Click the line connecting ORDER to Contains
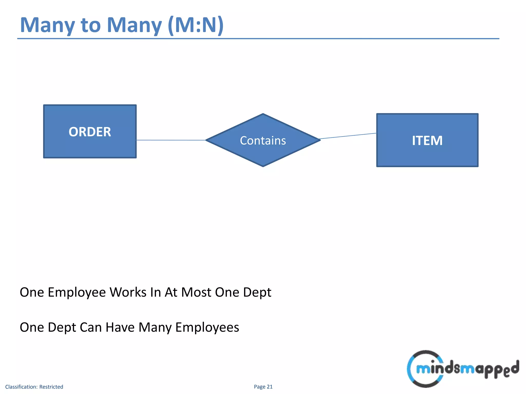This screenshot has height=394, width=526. tap(171, 140)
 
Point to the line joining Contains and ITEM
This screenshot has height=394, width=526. tap(348, 136)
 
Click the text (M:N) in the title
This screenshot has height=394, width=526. tap(195, 25)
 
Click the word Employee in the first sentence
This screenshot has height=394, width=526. tap(77, 292)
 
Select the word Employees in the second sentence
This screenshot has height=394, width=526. tap(207, 328)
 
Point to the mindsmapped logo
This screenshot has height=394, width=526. tap(463, 369)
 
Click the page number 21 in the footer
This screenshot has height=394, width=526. tap(269, 387)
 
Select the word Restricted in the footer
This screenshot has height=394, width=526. tap(51, 387)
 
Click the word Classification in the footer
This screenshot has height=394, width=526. tap(21, 387)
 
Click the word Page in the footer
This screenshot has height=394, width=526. tap(259, 387)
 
